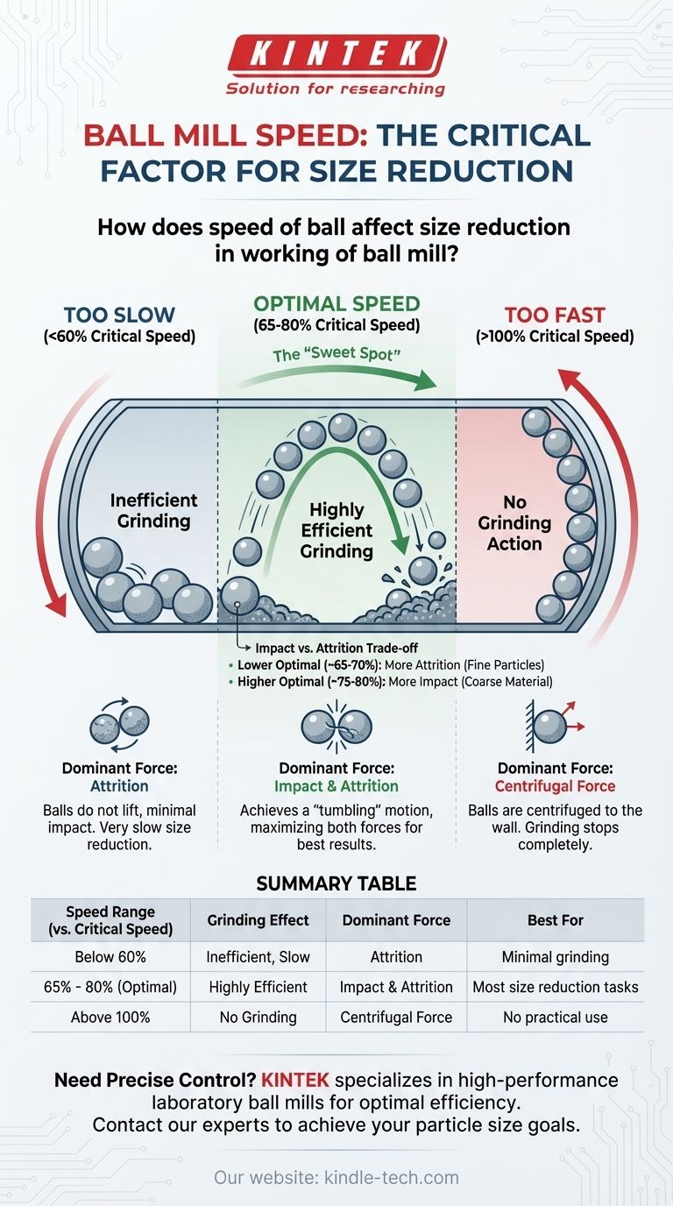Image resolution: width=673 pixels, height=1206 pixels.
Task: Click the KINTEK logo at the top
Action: pos(336,54)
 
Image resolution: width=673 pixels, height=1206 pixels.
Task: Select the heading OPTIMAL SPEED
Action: pos(336,304)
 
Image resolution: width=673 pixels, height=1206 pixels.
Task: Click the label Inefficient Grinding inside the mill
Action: pos(153,510)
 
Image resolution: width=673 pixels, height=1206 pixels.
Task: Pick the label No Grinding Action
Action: pos(514,522)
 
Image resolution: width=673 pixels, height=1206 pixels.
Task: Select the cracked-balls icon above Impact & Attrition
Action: pos(336,726)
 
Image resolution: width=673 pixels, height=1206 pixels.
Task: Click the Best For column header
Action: pos(556,920)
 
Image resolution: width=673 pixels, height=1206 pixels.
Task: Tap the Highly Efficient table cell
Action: pos(259,987)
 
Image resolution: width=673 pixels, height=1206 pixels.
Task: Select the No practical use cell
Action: pos(556,1018)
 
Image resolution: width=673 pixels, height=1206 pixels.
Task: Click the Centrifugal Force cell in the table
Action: pos(396,1018)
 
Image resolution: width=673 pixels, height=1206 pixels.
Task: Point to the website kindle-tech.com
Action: pos(336,1178)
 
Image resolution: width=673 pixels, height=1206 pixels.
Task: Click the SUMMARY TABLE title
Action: pos(336,883)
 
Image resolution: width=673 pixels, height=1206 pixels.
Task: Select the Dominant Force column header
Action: pos(396,920)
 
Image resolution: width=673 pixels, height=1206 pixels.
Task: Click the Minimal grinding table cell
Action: pos(556,957)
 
